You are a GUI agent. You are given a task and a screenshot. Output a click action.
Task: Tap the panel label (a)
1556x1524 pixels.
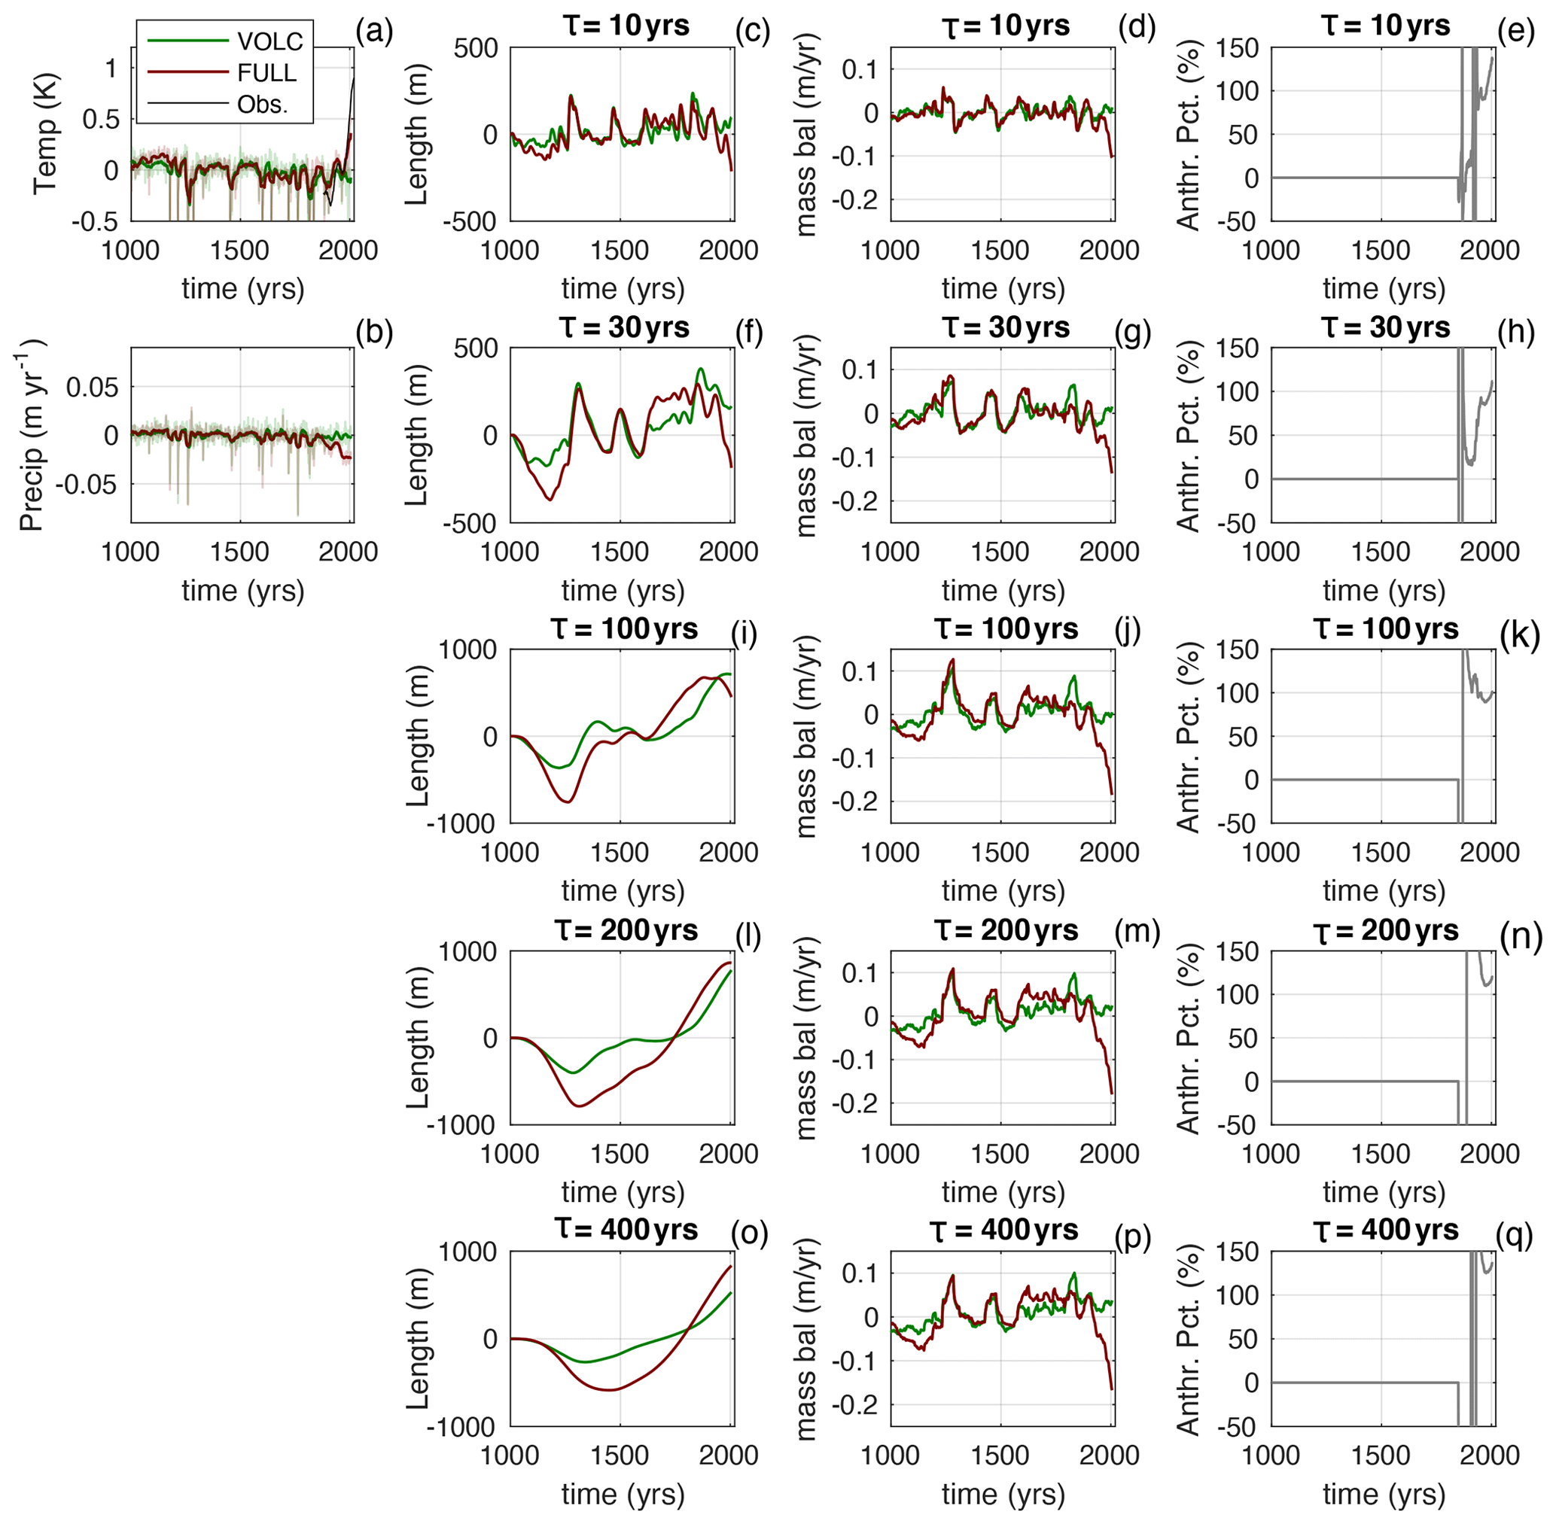374,32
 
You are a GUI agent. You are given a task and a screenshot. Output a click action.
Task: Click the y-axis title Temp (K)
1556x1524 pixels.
45,134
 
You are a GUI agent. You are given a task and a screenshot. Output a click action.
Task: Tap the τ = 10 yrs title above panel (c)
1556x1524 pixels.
625,26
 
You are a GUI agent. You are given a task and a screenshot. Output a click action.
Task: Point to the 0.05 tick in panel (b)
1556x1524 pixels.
91,388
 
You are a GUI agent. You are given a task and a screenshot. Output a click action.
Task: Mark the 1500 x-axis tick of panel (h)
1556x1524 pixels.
1381,552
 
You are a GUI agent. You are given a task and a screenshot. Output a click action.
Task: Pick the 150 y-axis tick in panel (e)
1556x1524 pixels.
1238,48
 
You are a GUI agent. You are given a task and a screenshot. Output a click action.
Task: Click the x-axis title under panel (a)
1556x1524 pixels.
242,289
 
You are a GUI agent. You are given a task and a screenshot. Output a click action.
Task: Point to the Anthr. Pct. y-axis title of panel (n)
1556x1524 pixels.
1188,1038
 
